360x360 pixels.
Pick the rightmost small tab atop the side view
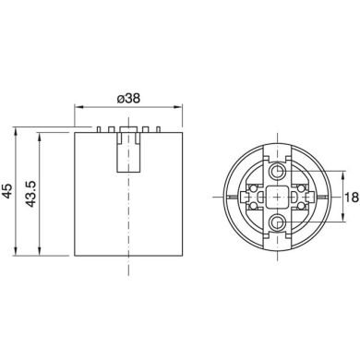click(159, 127)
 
